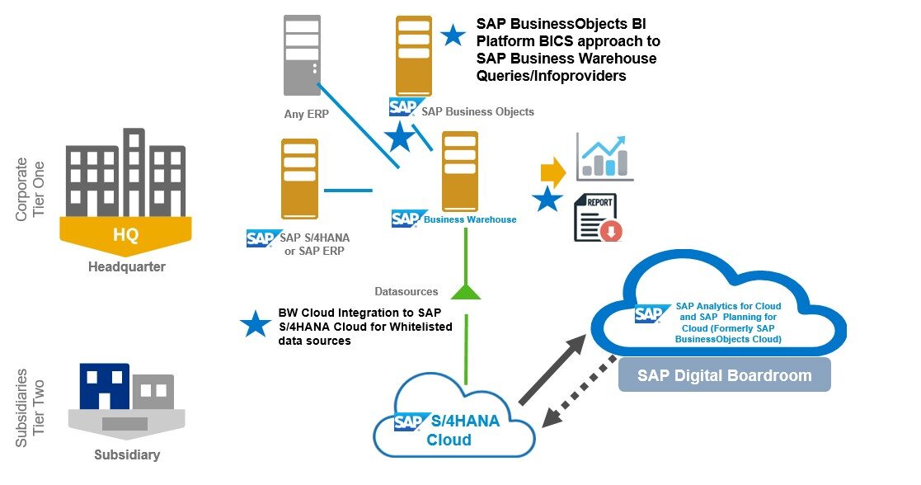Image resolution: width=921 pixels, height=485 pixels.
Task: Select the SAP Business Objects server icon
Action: click(x=413, y=55)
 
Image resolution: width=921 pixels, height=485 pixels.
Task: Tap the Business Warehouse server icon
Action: click(x=460, y=171)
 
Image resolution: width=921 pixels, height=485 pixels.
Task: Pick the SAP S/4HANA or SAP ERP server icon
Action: click(x=299, y=178)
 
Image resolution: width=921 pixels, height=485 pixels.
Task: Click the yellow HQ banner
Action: click(x=125, y=233)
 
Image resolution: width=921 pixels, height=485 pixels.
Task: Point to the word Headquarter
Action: click(x=126, y=266)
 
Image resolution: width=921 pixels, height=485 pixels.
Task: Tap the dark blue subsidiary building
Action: click(x=104, y=386)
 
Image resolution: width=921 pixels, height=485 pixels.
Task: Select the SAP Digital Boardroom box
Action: click(x=724, y=375)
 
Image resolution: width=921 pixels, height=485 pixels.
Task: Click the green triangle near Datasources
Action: click(x=466, y=290)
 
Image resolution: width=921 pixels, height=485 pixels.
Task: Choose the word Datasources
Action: click(x=405, y=291)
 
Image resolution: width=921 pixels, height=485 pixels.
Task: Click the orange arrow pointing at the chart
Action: click(x=552, y=172)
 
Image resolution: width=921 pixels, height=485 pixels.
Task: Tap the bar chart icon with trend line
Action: click(x=604, y=157)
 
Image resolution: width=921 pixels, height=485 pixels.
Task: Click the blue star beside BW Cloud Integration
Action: click(x=256, y=324)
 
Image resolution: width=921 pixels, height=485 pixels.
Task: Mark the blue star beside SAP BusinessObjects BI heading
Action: click(x=453, y=35)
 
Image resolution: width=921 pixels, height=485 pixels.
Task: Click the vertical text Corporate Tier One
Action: click(x=31, y=189)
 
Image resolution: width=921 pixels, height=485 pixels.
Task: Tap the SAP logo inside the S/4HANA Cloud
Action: click(x=409, y=421)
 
